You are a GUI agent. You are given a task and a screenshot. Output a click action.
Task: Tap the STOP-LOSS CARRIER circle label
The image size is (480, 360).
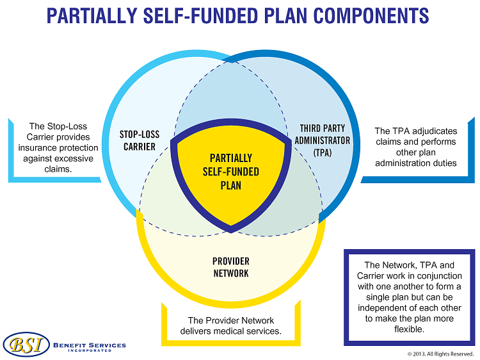point(140,140)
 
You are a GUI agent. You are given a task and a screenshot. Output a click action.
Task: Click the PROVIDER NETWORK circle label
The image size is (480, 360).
point(231,267)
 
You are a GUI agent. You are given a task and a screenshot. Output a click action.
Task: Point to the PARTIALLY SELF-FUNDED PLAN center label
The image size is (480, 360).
point(231,171)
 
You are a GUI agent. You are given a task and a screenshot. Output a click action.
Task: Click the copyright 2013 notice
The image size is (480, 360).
point(440,354)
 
